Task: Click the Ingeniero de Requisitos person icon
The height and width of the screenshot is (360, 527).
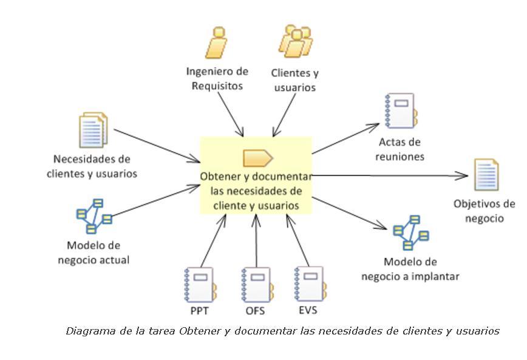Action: (x=216, y=42)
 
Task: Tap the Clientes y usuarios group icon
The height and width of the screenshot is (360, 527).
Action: (x=296, y=41)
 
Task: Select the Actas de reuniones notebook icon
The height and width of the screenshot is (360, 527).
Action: (x=400, y=110)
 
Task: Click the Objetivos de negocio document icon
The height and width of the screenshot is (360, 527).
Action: (x=486, y=175)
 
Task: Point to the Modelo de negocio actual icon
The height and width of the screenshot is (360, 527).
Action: (x=94, y=216)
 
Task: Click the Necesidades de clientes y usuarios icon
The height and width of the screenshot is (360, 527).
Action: (x=93, y=130)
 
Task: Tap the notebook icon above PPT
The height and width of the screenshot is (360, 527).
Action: (x=199, y=285)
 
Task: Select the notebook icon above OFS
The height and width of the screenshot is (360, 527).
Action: (x=256, y=285)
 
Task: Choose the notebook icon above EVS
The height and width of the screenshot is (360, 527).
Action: (x=308, y=283)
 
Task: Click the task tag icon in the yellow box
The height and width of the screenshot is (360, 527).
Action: (x=257, y=158)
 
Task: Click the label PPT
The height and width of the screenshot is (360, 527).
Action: (x=199, y=311)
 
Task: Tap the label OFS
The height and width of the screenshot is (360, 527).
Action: (x=255, y=311)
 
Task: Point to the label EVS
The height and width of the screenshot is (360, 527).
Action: (x=308, y=310)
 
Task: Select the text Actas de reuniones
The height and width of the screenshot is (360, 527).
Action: (x=400, y=149)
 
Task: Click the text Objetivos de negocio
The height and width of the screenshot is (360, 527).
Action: (x=484, y=211)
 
